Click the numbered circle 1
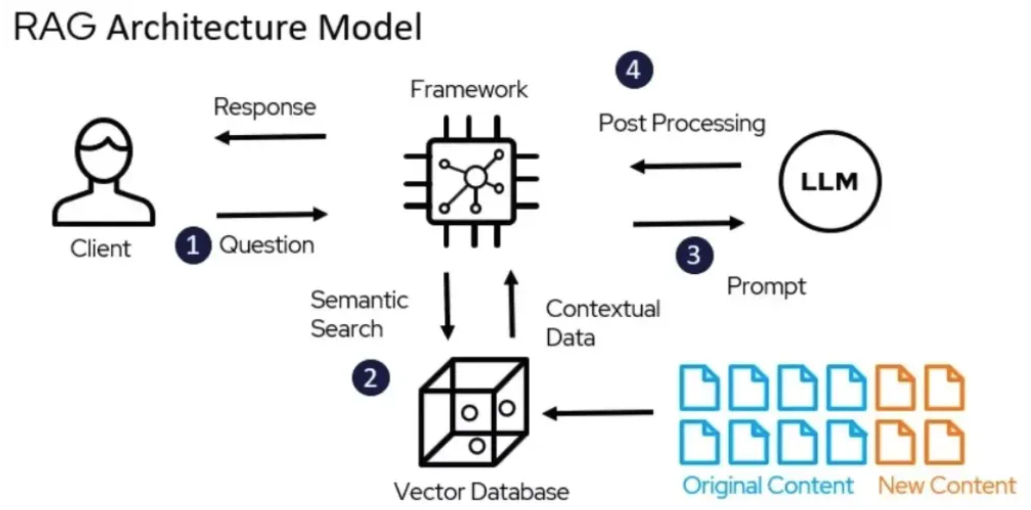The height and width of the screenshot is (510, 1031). [193, 245]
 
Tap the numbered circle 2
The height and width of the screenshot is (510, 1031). [370, 378]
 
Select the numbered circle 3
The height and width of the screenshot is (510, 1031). [694, 255]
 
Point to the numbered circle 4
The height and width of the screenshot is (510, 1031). [634, 70]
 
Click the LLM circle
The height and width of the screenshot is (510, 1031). [830, 132]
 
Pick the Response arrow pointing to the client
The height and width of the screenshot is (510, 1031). [270, 137]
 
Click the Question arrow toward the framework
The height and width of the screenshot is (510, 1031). [272, 215]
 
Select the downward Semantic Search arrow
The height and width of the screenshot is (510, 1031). [447, 306]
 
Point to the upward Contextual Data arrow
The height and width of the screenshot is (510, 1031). [511, 304]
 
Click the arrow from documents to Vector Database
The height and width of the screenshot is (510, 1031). [598, 413]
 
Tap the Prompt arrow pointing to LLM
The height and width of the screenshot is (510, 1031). [689, 223]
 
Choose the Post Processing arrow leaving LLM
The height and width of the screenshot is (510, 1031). [686, 166]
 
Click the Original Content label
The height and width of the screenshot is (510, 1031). [768, 486]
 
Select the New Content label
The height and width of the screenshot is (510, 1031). [947, 486]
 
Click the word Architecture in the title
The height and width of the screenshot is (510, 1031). [207, 28]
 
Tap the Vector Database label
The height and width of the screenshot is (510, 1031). [482, 492]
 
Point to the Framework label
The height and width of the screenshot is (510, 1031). [469, 89]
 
